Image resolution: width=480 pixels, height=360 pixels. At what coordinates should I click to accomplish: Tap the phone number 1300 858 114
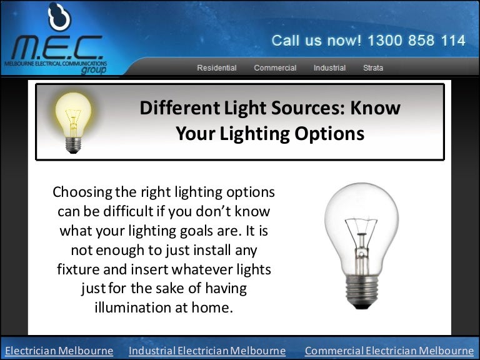(416, 41)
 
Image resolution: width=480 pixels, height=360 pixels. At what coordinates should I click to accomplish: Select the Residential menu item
(217, 67)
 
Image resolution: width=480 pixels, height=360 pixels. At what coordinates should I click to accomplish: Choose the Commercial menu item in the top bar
(275, 67)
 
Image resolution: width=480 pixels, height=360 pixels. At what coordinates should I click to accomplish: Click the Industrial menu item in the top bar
(329, 67)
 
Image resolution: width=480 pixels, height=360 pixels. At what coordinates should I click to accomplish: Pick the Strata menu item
(373, 67)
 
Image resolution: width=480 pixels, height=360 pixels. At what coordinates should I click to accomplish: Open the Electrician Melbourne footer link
(59, 351)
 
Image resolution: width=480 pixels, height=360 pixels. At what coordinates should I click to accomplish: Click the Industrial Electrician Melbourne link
(207, 351)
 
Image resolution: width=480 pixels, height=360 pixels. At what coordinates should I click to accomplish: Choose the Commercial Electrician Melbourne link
(389, 351)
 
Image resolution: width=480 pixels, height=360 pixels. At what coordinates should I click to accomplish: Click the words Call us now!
(316, 41)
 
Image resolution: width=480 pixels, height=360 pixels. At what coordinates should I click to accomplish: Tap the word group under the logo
(93, 71)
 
